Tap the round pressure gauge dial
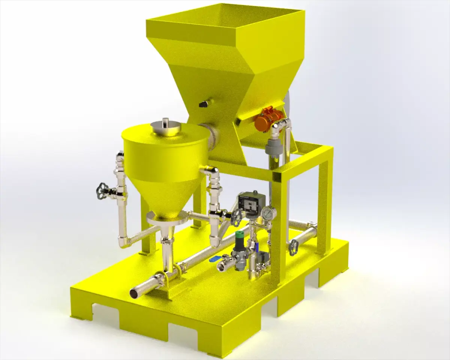(x=268, y=213)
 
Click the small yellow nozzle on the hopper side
(x=205, y=102)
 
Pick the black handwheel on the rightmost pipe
(x=293, y=247)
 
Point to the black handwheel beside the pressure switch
(x=237, y=217)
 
